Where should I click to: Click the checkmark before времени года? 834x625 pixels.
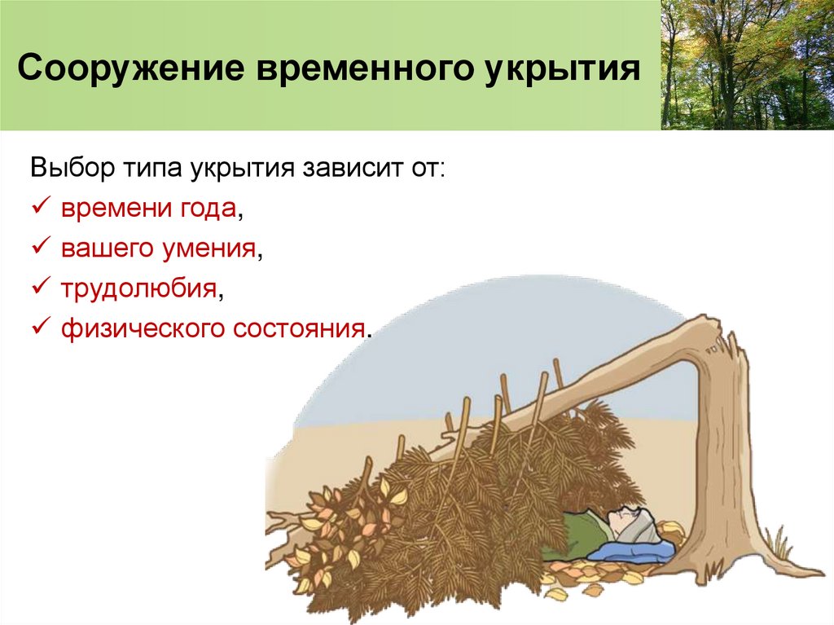pyautogui.click(x=41, y=209)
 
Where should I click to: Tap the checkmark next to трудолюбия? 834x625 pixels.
pyautogui.click(x=41, y=288)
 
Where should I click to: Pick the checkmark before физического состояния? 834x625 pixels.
pyautogui.click(x=41, y=328)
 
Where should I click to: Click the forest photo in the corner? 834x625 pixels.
pyautogui.click(x=747, y=64)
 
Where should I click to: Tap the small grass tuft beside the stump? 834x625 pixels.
pyautogui.click(x=778, y=544)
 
